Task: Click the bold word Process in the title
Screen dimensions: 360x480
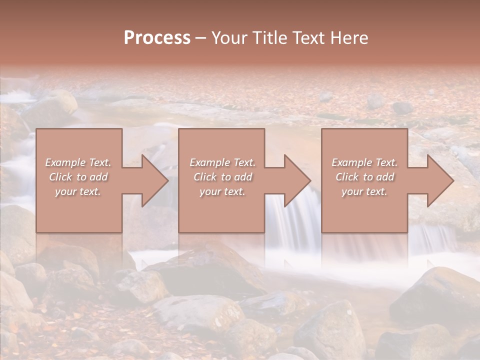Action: (x=157, y=38)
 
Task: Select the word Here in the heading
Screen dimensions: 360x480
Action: (x=350, y=38)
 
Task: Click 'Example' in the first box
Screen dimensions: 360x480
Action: (x=65, y=162)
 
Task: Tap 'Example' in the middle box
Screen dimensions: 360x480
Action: (x=209, y=162)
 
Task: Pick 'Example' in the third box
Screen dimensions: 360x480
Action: (x=351, y=162)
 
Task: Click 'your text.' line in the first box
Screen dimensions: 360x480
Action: (x=78, y=191)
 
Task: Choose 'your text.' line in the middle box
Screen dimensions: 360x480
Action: (x=222, y=191)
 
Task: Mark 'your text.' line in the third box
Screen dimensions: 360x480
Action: (x=364, y=191)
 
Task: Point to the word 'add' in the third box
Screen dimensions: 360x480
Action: (x=385, y=177)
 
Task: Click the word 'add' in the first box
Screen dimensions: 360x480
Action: (x=99, y=177)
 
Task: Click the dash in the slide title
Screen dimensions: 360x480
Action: (x=201, y=38)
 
